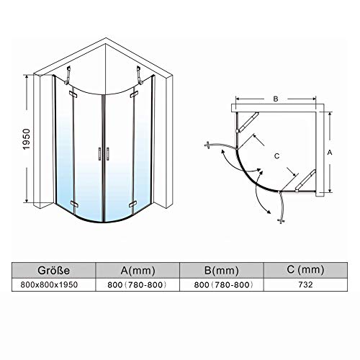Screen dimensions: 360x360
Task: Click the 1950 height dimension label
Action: [27, 139]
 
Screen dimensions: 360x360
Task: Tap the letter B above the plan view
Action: [276, 99]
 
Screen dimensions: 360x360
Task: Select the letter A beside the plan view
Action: [330, 152]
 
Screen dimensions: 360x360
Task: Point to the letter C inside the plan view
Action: [276, 156]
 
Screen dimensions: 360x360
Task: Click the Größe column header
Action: [53, 271]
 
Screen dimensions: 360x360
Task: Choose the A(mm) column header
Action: [138, 271]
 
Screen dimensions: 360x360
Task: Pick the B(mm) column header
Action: [222, 271]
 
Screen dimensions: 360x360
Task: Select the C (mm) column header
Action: [305, 270]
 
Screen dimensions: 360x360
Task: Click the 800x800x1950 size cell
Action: [49, 285]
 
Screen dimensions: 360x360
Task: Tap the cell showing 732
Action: [305, 285]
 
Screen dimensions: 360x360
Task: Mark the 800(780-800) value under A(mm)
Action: [137, 285]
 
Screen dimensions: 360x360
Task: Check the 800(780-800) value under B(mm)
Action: [223, 285]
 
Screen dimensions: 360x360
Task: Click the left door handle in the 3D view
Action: [99, 153]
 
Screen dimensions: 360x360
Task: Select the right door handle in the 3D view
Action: [108, 153]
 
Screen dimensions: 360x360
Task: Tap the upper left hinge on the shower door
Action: [73, 94]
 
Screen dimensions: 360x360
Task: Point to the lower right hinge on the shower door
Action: [132, 204]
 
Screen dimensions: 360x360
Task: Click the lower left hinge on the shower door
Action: [74, 204]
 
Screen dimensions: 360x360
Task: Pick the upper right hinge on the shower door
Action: [134, 95]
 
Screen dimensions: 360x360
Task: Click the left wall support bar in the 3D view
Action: [68, 75]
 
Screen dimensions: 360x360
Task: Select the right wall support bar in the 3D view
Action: [139, 75]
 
